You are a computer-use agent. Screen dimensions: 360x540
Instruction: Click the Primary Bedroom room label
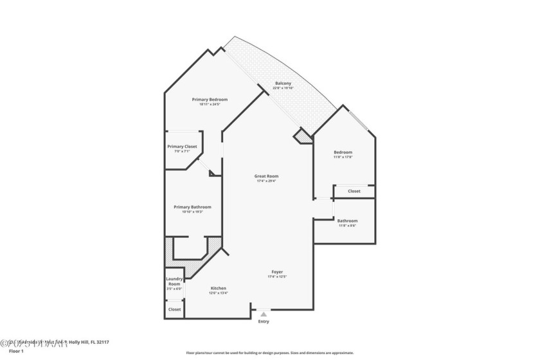210,100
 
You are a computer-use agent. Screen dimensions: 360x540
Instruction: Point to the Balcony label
283,84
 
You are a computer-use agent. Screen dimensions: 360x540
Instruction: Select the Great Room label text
267,175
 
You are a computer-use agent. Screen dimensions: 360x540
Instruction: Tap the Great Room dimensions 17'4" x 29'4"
267,181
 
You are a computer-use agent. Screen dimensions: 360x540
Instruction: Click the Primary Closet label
182,147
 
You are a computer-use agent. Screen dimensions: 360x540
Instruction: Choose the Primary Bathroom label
192,207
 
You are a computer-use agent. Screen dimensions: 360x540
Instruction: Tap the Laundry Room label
175,281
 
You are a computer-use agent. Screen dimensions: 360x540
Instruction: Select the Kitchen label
219,288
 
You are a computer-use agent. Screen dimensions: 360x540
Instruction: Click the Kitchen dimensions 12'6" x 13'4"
219,293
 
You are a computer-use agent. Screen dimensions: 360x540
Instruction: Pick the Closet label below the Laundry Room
175,309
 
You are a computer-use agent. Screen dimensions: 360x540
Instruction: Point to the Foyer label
276,272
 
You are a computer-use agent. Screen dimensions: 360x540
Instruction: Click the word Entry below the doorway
264,321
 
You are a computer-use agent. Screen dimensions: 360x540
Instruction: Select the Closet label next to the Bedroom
354,191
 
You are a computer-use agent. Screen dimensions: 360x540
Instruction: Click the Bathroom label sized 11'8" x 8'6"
347,221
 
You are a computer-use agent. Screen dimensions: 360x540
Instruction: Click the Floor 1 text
16,352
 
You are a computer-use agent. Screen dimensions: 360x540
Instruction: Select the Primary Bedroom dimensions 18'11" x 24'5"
210,105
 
